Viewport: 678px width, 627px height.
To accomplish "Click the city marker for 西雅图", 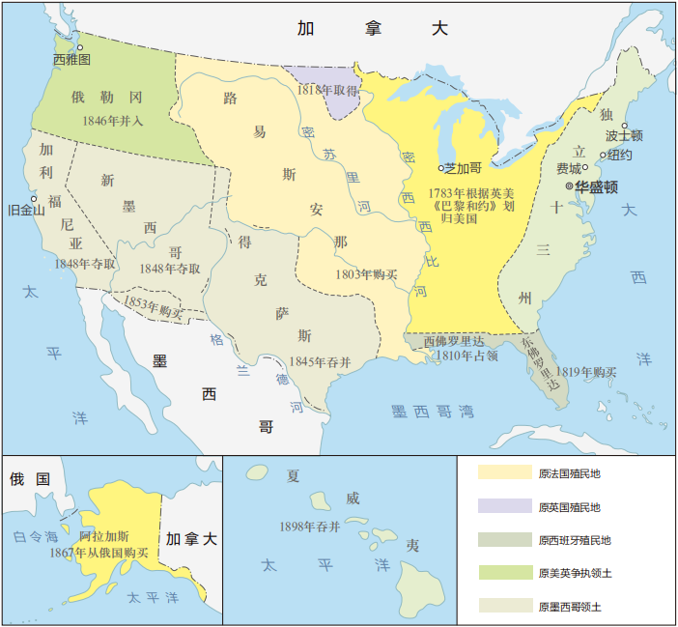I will [81, 46].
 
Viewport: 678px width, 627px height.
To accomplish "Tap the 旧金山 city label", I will [26, 210].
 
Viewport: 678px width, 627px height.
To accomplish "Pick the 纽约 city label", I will [620, 155].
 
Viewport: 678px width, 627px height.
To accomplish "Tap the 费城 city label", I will [569, 169].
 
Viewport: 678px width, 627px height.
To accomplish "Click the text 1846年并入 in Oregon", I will [107, 121].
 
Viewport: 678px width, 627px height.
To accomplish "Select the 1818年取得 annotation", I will [327, 89].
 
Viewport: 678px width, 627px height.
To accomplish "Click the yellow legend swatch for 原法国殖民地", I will [504, 472].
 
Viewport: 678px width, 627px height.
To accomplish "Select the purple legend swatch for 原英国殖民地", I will [504, 506].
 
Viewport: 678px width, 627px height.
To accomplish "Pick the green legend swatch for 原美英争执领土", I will [504, 573].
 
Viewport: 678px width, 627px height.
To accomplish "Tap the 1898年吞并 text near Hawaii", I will [309, 527].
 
